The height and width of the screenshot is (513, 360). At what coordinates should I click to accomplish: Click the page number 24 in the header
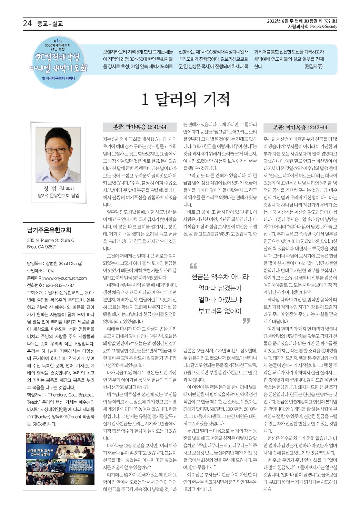pyautogui.click(x=27, y=23)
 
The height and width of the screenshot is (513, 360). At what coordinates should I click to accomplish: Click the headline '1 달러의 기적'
pyautogui.click(x=186, y=99)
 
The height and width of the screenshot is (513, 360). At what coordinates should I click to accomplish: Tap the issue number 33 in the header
pyautogui.click(x=327, y=21)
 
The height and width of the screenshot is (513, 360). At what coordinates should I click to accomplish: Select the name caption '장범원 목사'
pyautogui.click(x=58, y=189)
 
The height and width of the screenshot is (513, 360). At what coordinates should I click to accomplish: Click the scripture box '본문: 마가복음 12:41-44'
pyautogui.click(x=140, y=127)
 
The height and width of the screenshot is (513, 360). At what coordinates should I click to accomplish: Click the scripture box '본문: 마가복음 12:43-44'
pyautogui.click(x=300, y=127)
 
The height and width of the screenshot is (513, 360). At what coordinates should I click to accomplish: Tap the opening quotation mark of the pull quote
pyautogui.click(x=193, y=266)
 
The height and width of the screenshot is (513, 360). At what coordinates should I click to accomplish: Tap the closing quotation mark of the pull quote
pyautogui.click(x=246, y=321)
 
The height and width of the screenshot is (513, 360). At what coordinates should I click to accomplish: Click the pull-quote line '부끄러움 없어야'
pyautogui.click(x=220, y=311)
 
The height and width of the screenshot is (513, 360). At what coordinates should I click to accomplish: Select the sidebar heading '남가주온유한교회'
pyautogui.click(x=49, y=230)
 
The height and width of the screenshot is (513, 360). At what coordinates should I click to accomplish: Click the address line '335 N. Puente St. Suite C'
pyautogui.click(x=51, y=240)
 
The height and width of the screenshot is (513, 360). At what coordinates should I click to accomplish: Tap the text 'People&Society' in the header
pyautogui.click(x=323, y=27)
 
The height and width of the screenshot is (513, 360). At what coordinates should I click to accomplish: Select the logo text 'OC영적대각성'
pyautogui.click(x=58, y=57)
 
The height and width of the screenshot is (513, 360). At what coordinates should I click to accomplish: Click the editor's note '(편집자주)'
pyautogui.click(x=313, y=66)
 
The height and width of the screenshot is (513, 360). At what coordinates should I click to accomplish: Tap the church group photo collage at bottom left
pyautogui.click(x=60, y=458)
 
